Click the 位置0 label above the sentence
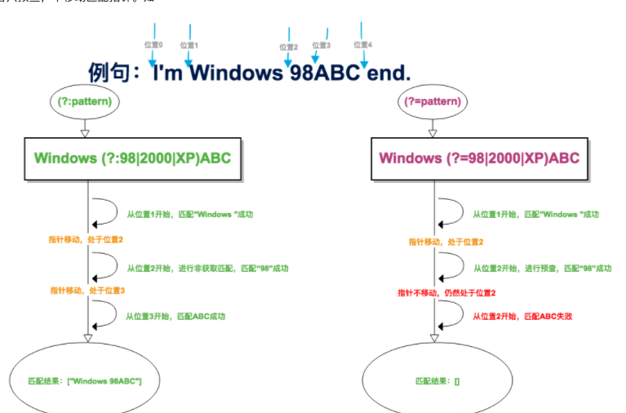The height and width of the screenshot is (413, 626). (153, 46)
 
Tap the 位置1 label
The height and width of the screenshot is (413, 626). (189, 47)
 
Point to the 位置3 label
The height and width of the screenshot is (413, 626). (322, 46)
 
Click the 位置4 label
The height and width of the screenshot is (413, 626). (362, 45)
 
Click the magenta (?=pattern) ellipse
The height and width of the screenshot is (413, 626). (433, 102)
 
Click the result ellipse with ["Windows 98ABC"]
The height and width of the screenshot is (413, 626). (85, 381)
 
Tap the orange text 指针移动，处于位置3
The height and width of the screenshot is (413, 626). (87, 291)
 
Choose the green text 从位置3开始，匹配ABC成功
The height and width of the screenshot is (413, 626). (175, 316)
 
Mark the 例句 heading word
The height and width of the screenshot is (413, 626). (109, 73)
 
